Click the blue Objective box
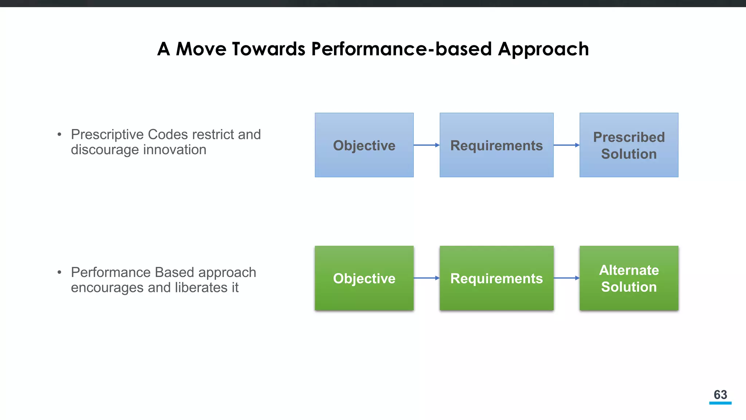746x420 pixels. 364,145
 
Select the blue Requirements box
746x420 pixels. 496,145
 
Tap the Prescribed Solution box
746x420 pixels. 629,145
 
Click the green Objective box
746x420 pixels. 364,278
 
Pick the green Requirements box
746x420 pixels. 496,278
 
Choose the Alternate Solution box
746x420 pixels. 629,278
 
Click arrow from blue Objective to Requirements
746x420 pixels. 426,145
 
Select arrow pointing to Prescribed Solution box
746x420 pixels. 566,145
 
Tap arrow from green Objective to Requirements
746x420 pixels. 426,278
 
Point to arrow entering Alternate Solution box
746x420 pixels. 566,278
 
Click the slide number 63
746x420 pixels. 720,394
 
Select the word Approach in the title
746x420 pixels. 543,50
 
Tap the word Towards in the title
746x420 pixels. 268,49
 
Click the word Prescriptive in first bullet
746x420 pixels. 107,135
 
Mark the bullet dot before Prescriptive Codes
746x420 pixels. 59,135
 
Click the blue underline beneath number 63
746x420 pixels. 720,403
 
